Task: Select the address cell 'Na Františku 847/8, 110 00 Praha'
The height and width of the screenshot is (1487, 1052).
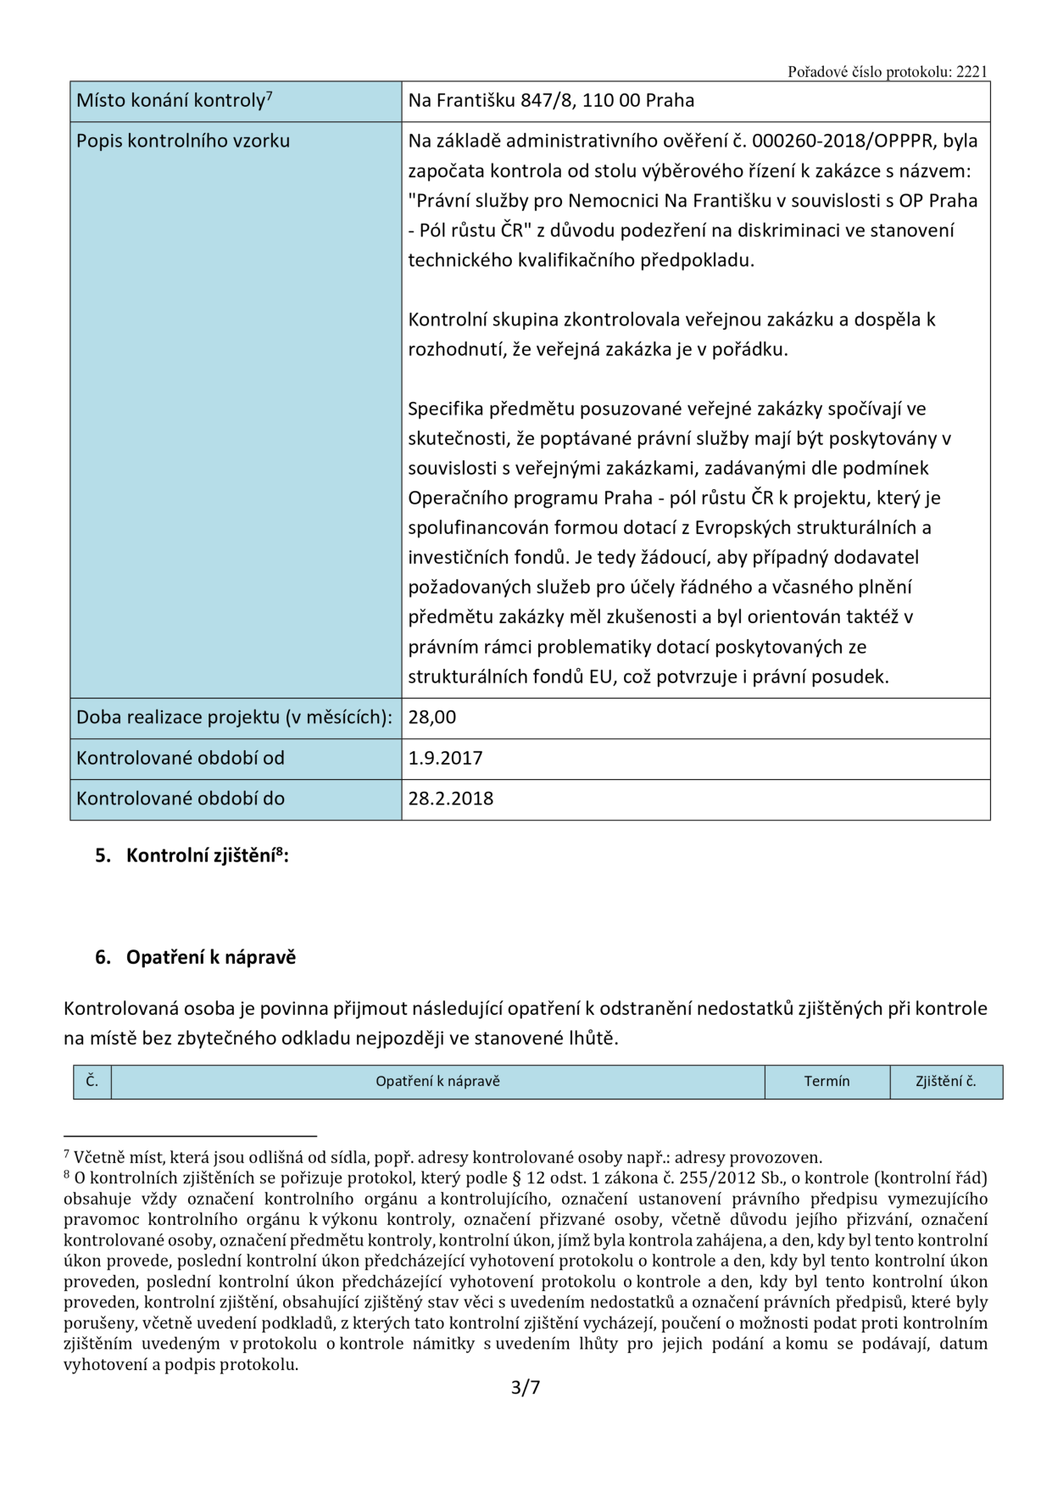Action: point(551,101)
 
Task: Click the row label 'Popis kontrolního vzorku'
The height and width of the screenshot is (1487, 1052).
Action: point(182,141)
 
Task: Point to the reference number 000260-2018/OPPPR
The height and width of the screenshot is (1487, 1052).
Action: point(847,141)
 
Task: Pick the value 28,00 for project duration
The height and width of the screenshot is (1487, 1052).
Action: point(432,717)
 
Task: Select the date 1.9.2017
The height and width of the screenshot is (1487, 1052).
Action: point(445,758)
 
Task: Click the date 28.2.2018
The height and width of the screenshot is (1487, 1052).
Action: point(450,799)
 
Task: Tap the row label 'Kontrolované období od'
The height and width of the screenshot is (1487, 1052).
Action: point(180,758)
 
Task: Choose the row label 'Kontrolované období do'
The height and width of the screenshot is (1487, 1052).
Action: point(180,799)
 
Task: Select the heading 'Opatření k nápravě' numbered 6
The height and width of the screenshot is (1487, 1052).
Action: point(210,958)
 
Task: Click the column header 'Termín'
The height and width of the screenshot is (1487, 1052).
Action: point(827,1082)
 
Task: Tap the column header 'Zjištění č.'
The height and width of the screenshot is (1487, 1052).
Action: point(945,1082)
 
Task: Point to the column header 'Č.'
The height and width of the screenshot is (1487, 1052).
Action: point(92,1082)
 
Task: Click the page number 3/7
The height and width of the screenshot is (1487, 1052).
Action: point(526,1388)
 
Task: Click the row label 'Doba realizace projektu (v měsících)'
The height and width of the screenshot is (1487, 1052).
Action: point(234,717)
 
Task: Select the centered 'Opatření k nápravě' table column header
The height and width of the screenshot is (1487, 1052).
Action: point(437,1082)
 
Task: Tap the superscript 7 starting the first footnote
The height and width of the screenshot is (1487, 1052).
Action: point(67,1154)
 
